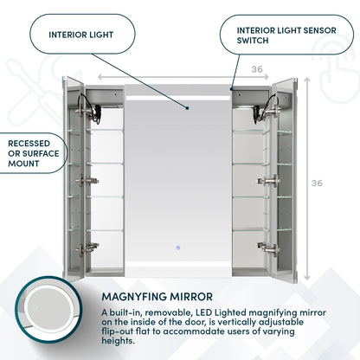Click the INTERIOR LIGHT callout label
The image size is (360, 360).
point(82,36)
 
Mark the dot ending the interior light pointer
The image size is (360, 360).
point(186,108)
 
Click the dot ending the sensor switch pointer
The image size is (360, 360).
point(231,88)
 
